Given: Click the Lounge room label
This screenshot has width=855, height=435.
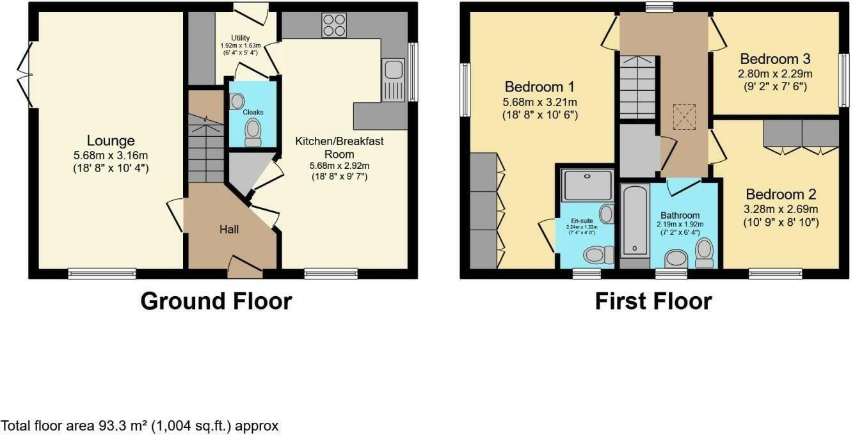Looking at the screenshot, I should [111, 141].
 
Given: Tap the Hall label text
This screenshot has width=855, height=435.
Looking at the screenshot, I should [229, 229].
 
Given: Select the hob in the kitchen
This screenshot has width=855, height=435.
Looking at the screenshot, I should [333, 25].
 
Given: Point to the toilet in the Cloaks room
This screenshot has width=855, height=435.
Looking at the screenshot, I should [253, 133].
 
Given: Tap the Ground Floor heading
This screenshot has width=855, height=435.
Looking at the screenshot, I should [216, 301].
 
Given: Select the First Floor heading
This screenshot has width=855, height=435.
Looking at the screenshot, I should [653, 301].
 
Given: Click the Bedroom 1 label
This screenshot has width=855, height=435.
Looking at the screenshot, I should [539, 87].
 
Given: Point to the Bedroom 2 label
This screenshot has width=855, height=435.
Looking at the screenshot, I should [779, 194].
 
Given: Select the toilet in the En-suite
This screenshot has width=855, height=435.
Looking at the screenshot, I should [595, 256].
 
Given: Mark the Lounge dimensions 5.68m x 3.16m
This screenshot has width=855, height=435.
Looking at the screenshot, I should [111, 155].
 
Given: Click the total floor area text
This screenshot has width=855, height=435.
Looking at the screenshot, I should [140, 425].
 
